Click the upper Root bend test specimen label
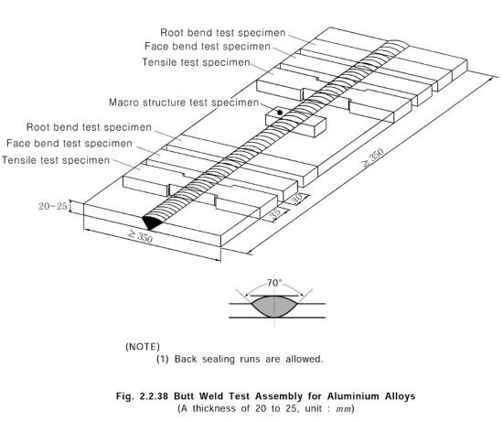pyautogui.click(x=223, y=32)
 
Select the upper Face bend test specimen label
pyautogui.click(x=208, y=47)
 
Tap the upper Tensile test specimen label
pyautogui.click(x=196, y=62)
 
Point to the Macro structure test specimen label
pyautogui.click(x=184, y=103)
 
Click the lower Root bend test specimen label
pyautogui.click(x=89, y=127)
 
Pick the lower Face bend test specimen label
pyautogui.click(x=70, y=143)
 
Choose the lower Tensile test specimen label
pyautogui.click(x=56, y=160)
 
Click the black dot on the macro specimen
pyautogui.click(x=280, y=113)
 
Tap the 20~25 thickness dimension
pyautogui.click(x=53, y=206)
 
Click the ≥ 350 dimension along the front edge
pyautogui.click(x=141, y=236)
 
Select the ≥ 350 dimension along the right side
pyautogui.click(x=373, y=158)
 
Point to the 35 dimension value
pyautogui.click(x=275, y=214)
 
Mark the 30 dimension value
pyautogui.click(x=296, y=200)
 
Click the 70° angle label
pyautogui.click(x=274, y=283)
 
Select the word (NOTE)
pyautogui.click(x=143, y=347)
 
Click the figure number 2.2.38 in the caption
pyautogui.click(x=154, y=396)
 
